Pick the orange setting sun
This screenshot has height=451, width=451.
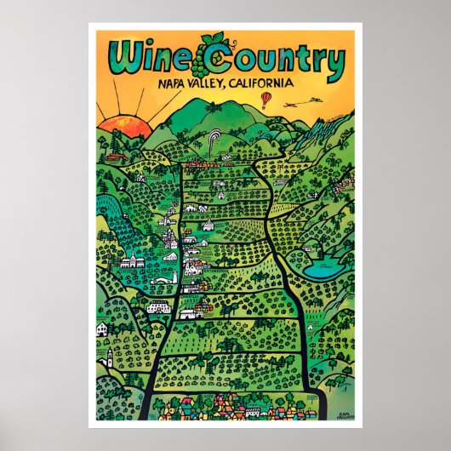tap(124, 128)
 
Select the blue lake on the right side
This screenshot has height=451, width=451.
tap(323, 270)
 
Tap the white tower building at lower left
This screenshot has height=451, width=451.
tap(107, 353)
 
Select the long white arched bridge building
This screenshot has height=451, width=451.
tap(158, 307)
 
